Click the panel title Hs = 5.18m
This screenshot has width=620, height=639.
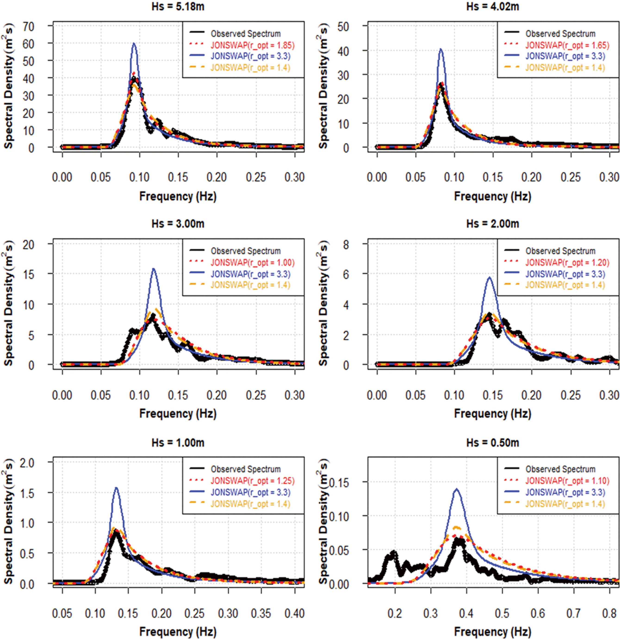[178, 6]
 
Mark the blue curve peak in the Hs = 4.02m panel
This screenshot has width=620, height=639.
[441, 49]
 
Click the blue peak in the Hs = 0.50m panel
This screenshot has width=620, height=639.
[457, 489]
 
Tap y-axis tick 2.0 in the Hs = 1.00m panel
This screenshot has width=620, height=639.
[27, 463]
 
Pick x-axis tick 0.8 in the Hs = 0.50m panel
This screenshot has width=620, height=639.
[609, 613]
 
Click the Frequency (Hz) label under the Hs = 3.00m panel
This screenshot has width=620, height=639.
[178, 413]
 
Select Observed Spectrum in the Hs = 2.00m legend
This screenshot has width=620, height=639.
[560, 251]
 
